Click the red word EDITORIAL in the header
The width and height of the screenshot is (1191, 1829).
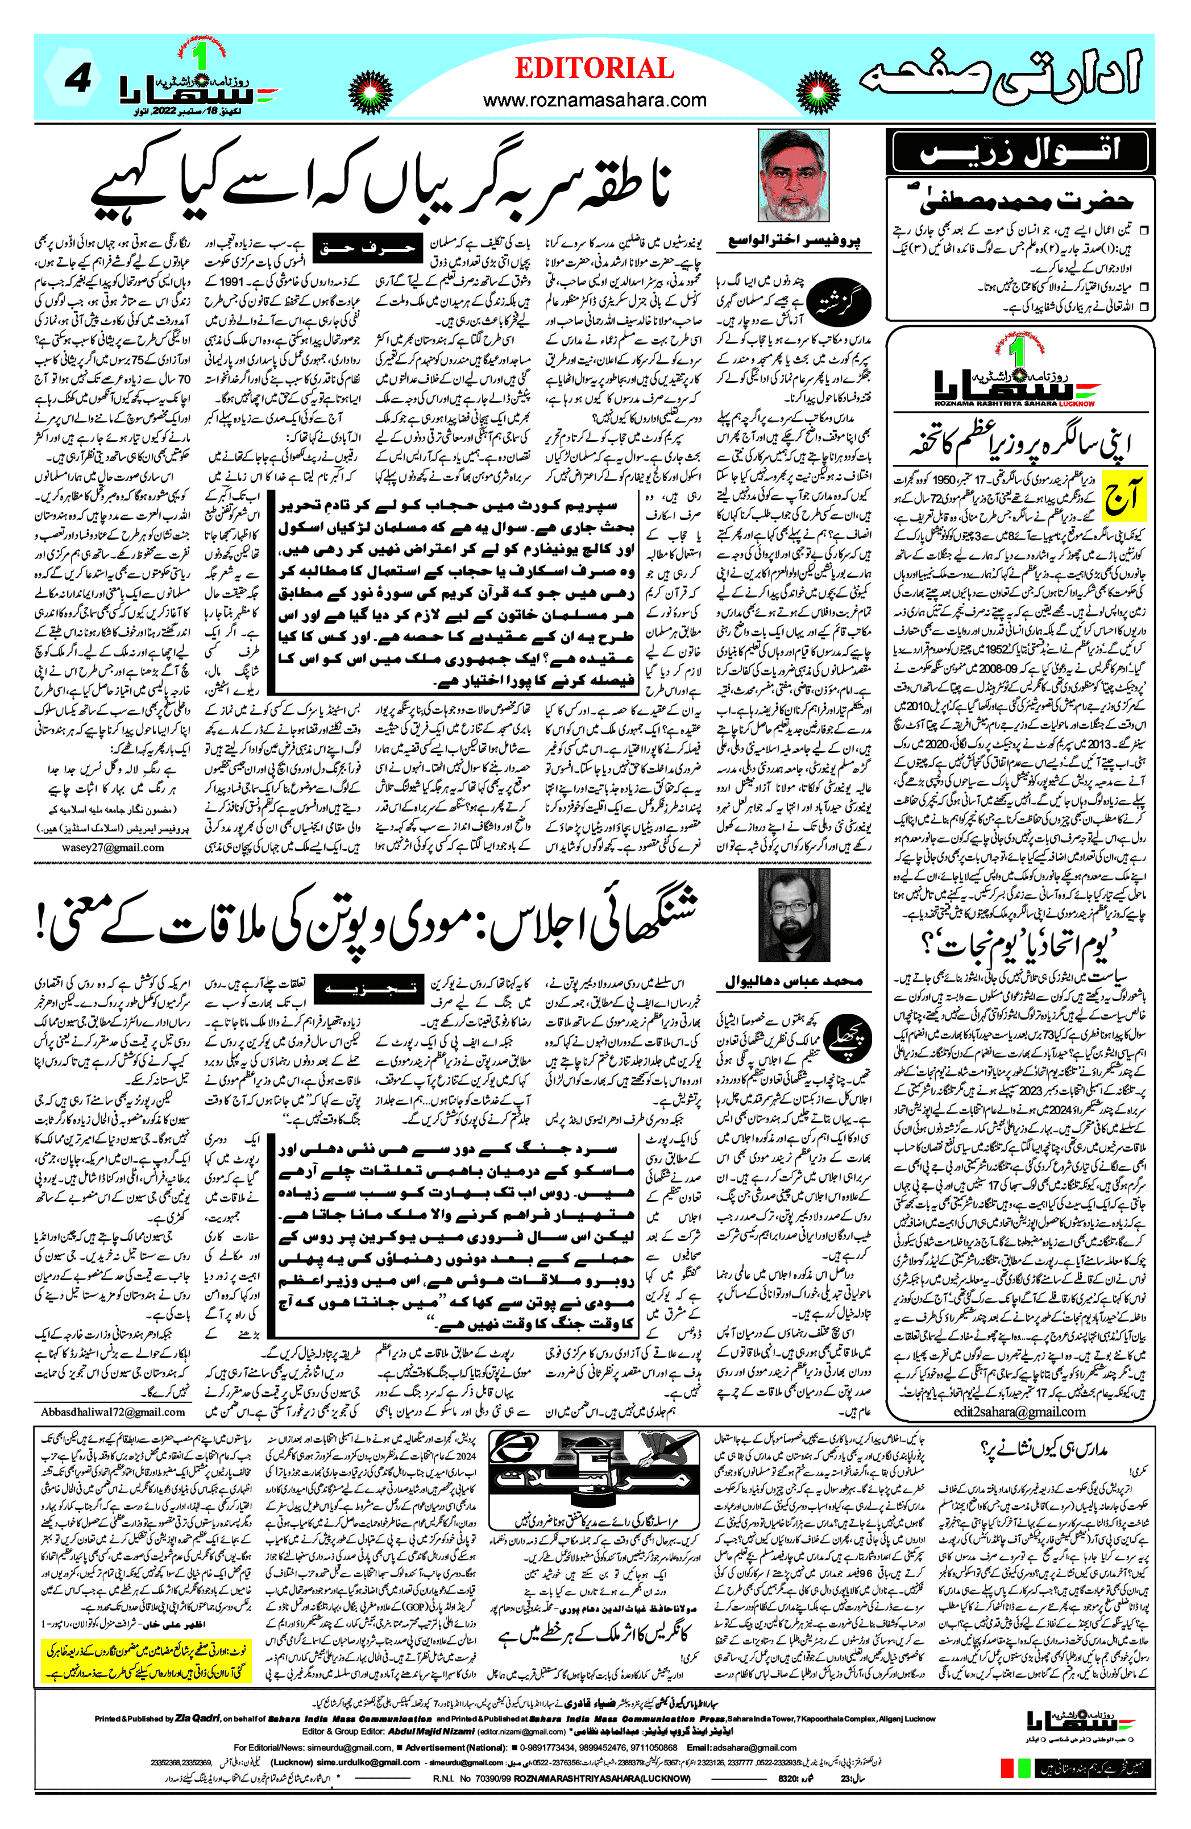pos(594,68)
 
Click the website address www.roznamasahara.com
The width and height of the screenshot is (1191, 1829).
pos(594,100)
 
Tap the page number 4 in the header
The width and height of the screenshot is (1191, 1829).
pos(78,79)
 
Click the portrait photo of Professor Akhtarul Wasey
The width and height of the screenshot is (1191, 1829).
pos(793,176)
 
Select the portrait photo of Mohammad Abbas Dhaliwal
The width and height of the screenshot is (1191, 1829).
pos(793,915)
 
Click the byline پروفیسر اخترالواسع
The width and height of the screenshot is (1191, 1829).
pos(794,241)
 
